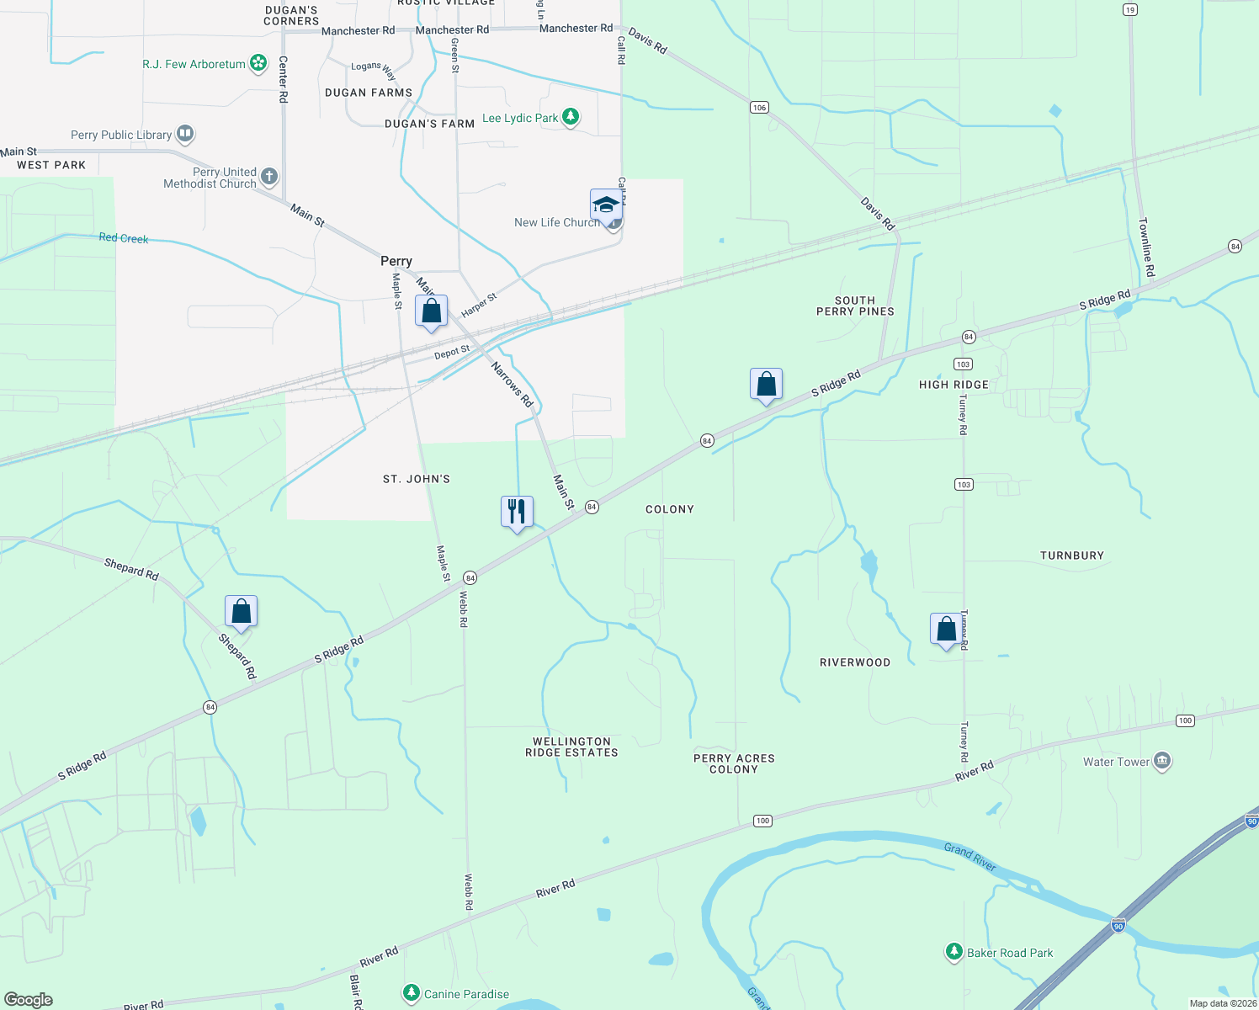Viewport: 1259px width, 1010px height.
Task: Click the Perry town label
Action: point(396,261)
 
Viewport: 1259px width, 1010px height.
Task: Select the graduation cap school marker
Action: point(606,205)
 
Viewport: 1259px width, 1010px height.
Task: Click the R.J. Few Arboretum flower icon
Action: point(259,64)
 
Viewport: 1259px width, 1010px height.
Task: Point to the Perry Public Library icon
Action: point(185,134)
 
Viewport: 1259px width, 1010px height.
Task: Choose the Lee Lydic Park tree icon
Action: point(571,117)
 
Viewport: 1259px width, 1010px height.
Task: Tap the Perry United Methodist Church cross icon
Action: point(269,177)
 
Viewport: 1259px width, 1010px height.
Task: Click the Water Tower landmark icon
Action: point(1162,762)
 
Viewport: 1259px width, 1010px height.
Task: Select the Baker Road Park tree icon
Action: point(954,952)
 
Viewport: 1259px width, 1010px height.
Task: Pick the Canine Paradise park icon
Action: point(411,993)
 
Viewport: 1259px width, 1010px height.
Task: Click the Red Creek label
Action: point(124,238)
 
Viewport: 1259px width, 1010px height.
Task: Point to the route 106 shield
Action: point(759,107)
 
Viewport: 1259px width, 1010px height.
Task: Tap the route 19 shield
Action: point(1129,9)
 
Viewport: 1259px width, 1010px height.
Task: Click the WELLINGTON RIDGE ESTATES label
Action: point(571,747)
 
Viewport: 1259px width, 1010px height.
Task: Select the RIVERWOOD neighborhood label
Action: point(855,662)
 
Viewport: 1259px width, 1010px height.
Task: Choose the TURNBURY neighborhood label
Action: point(1071,555)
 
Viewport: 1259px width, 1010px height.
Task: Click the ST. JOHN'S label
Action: point(417,479)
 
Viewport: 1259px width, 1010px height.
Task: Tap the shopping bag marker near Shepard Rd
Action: point(241,611)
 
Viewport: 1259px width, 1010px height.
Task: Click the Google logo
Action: point(29,999)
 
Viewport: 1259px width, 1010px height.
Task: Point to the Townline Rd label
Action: point(1146,247)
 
